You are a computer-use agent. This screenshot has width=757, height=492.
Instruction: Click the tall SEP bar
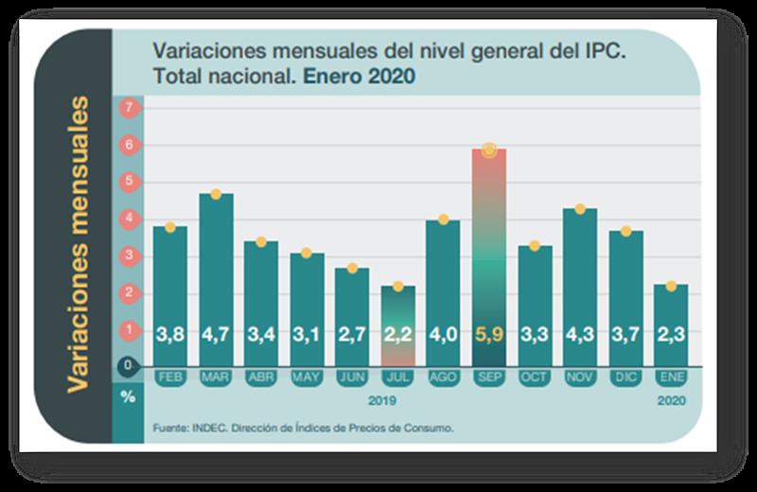pos(489,255)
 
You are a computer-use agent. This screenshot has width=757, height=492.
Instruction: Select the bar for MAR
pos(216,274)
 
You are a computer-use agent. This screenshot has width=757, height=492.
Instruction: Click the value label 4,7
pos(216,333)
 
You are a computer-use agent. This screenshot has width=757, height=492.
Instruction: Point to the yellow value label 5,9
pos(489,333)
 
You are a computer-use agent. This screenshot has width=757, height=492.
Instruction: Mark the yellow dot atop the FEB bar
pos(170,227)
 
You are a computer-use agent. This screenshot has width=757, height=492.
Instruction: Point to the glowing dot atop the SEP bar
pos(489,149)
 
